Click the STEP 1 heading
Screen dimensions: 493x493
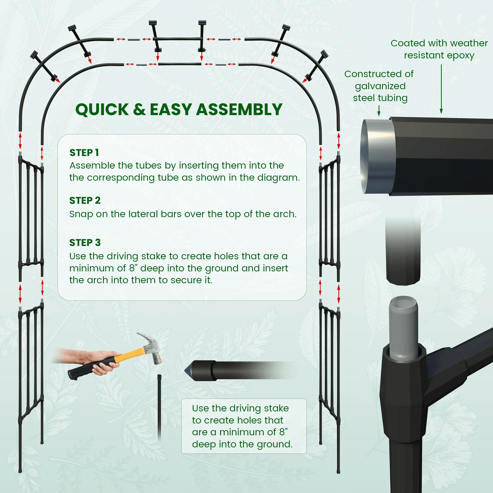coord(84,153)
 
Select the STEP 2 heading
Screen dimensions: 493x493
coord(85,201)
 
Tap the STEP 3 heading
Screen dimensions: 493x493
coord(85,243)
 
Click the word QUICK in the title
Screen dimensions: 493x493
coord(102,110)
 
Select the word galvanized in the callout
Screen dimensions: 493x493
coord(380,86)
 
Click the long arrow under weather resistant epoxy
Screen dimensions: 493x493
coord(441,89)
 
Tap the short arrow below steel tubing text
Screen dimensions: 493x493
coord(379,111)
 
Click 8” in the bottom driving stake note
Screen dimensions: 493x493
coord(283,432)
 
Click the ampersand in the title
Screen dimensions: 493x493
coord(139,110)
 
